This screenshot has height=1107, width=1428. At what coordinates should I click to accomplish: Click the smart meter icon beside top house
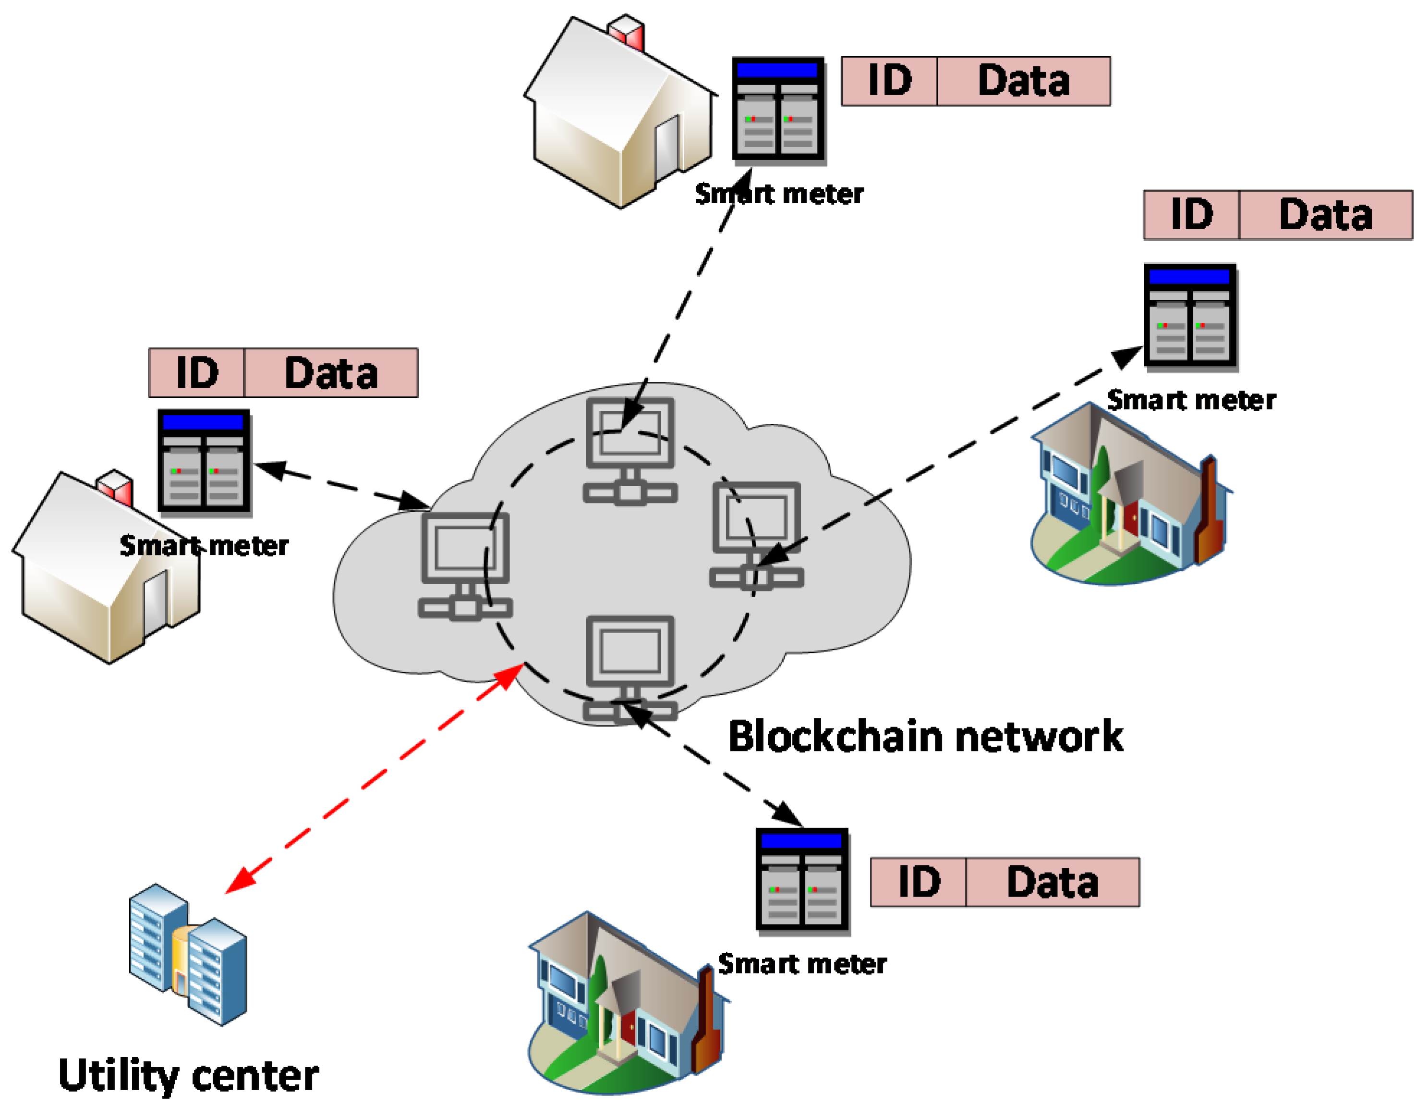click(777, 109)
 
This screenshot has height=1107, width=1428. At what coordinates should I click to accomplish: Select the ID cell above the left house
click(197, 373)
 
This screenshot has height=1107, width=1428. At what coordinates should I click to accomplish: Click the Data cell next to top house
click(1023, 81)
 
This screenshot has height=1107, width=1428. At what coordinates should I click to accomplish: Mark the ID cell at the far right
click(1191, 215)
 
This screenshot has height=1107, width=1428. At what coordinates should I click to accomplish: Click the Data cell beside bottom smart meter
click(1052, 882)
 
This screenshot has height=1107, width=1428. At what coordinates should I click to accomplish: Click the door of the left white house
click(156, 602)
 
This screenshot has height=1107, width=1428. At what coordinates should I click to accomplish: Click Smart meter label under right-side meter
click(1191, 400)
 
